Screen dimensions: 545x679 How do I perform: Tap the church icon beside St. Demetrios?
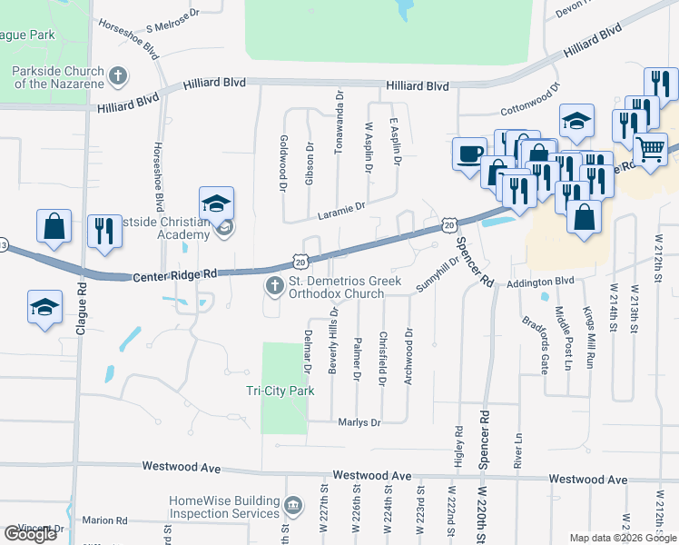point(273,287)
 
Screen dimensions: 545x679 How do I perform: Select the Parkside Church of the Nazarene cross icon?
point(118,76)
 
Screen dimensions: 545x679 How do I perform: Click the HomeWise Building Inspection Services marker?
point(293,505)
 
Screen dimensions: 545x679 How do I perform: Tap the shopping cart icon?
point(650,150)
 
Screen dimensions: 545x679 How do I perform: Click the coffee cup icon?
point(469,154)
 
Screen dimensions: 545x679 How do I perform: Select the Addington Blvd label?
point(542,282)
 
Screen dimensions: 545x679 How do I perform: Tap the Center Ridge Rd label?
point(176,274)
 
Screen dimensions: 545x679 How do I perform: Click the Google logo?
point(31,534)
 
